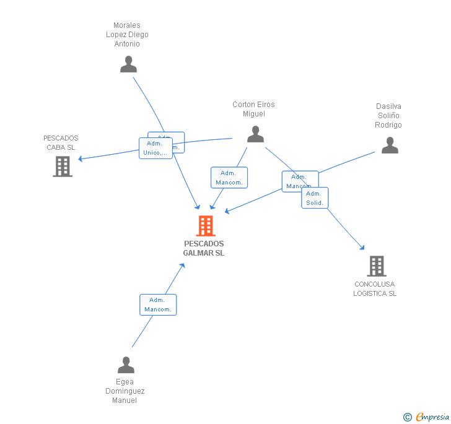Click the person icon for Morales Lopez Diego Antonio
tap(128, 64)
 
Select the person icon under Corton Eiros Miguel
tap(255, 134)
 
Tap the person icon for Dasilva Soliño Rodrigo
tap(390, 145)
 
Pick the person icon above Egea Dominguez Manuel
tap(126, 365)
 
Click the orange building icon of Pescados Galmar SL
tap(205, 226)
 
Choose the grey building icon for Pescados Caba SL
tap(63, 167)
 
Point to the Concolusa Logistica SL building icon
tap(376, 266)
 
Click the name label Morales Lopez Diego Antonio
tap(127, 35)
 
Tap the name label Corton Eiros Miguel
tap(253, 109)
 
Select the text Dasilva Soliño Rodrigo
tap(388, 116)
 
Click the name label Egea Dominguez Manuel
tap(125, 391)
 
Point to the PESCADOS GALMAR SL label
tap(204, 248)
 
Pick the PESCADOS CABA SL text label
tap(61, 143)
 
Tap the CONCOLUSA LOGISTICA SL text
tap(375, 289)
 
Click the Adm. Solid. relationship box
tap(315, 198)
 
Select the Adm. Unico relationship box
tap(155, 149)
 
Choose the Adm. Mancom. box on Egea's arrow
tap(158, 305)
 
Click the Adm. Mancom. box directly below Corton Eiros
tap(229, 178)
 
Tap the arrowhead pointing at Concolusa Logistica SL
tap(363, 248)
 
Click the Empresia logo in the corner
tap(427, 417)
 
